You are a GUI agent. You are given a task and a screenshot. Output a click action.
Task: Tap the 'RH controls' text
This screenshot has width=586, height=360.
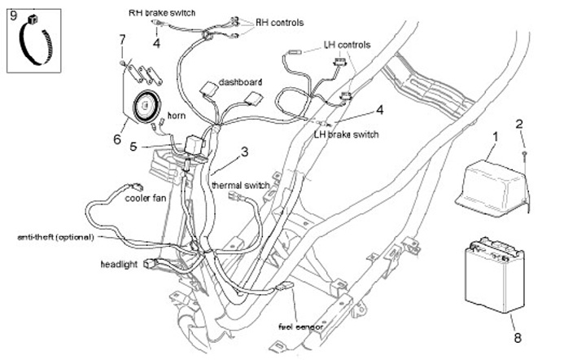tap(281, 21)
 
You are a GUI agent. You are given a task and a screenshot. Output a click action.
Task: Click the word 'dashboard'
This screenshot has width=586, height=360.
tap(240, 82)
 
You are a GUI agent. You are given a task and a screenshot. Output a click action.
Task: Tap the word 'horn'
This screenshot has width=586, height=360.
tap(176, 116)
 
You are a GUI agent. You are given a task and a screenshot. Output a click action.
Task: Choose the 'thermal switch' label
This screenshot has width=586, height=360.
tap(241, 186)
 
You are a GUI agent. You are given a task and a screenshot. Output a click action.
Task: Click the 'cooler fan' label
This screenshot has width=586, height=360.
tap(146, 196)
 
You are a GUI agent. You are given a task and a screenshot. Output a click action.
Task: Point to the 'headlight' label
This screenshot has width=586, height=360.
tap(119, 265)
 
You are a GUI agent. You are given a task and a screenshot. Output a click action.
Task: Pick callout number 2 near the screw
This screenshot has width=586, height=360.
tap(521, 124)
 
